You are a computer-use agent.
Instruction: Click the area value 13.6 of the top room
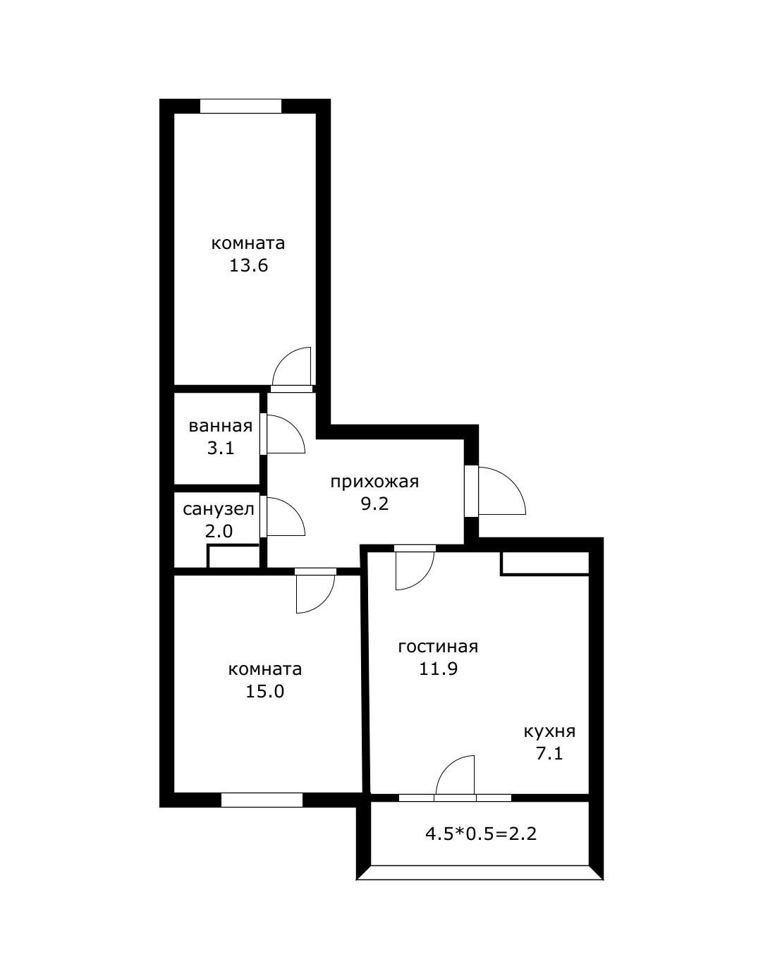coord(248,266)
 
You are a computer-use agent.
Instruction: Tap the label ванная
coord(220,426)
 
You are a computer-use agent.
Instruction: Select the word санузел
coord(218,509)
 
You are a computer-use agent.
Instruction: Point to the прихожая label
coord(374,482)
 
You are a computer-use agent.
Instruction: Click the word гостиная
coord(438,647)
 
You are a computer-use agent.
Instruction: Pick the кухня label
coord(549,731)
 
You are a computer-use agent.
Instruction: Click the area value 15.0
coord(264,691)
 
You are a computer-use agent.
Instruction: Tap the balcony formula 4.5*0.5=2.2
coord(481,834)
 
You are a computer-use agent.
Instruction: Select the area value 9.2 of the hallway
coord(374,504)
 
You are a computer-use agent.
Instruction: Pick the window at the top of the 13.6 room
coord(240,106)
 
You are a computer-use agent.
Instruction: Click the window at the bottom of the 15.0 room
coord(262,800)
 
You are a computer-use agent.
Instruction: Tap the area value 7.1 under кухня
coord(549,754)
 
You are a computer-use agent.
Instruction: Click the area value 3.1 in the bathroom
coord(220,448)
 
